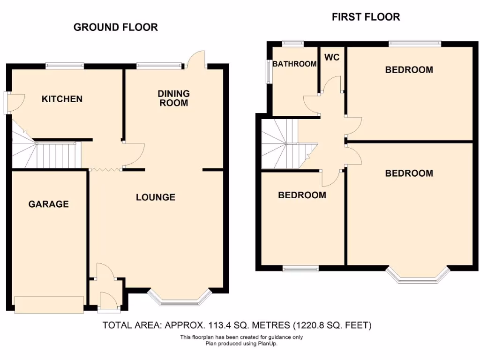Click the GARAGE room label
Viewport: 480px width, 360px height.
[x=48, y=204]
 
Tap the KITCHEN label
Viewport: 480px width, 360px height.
[x=62, y=99]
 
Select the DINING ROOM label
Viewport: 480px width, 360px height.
[x=173, y=98]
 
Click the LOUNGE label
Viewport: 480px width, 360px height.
[x=156, y=197]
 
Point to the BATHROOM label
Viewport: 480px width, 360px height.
[x=294, y=64]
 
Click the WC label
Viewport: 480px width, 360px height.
[x=332, y=58]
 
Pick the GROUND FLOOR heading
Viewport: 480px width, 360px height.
[x=115, y=27]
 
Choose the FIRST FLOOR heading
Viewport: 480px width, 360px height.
[x=366, y=17]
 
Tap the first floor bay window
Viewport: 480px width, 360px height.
[x=417, y=277]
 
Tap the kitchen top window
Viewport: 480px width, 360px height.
[x=65, y=66]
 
